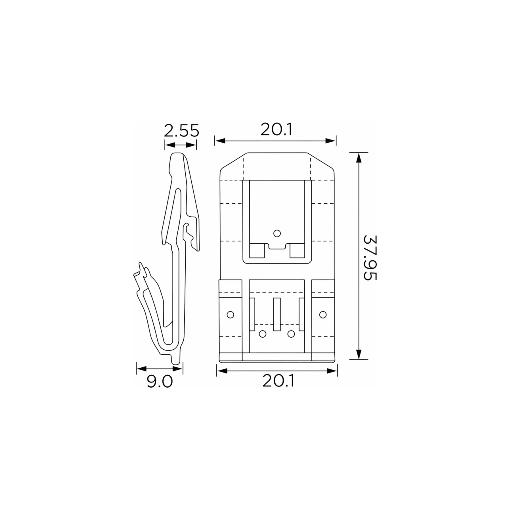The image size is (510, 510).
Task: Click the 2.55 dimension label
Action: click(x=181, y=131)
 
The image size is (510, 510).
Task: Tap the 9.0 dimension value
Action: click(x=160, y=381)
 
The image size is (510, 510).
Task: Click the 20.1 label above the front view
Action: click(x=276, y=130)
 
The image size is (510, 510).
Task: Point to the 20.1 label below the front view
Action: click(x=278, y=381)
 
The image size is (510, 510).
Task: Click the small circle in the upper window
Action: click(x=277, y=233)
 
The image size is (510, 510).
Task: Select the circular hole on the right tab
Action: click(x=323, y=315)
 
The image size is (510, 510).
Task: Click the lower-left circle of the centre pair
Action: click(x=262, y=334)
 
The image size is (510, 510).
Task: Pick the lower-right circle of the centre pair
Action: click(x=291, y=334)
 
